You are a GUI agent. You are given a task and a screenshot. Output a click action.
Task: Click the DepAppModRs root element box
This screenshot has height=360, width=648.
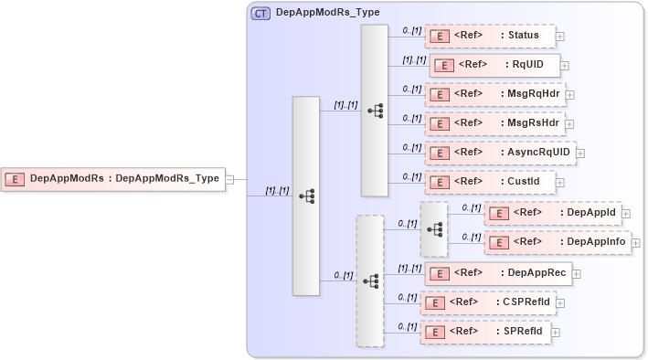pyautogui.click(x=114, y=179)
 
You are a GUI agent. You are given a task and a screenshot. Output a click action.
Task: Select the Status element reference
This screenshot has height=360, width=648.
pyautogui.click(x=490, y=36)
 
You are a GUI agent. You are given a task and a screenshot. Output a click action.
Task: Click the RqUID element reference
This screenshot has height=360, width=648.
pyautogui.click(x=494, y=65)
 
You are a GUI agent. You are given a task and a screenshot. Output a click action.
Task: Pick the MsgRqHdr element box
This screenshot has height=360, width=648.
pyautogui.click(x=494, y=94)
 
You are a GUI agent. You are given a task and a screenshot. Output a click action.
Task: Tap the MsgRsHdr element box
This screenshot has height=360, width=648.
pyautogui.click(x=494, y=123)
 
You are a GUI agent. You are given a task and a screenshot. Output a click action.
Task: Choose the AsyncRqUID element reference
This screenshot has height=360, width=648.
pyautogui.click(x=500, y=153)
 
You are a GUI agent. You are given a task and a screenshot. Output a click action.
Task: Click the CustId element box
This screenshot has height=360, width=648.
pyautogui.click(x=490, y=182)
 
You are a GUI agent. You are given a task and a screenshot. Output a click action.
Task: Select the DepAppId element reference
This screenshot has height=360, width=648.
pyautogui.click(x=552, y=213)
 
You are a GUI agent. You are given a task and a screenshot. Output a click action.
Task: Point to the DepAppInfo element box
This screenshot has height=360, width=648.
pyautogui.click(x=557, y=242)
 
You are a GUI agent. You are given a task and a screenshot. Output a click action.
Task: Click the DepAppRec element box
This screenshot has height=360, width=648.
pyautogui.click(x=497, y=273)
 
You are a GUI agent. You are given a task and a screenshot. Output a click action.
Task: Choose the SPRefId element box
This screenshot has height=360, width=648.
pyautogui.click(x=485, y=332)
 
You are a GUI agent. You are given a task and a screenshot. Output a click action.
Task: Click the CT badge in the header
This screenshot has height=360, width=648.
pyautogui.click(x=260, y=13)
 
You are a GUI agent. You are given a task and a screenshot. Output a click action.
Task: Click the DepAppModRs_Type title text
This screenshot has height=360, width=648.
pyautogui.click(x=328, y=13)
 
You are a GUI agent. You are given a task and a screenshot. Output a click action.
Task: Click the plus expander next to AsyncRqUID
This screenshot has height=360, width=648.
pyautogui.click(x=580, y=154)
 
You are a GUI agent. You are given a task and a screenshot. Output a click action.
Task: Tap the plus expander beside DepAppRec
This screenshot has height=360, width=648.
pyautogui.click(x=577, y=274)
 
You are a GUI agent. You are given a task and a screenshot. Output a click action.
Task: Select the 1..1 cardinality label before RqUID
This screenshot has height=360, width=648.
pyautogui.click(x=414, y=59)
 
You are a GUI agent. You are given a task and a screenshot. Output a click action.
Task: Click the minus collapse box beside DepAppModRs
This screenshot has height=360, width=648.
pyautogui.click(x=230, y=179)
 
